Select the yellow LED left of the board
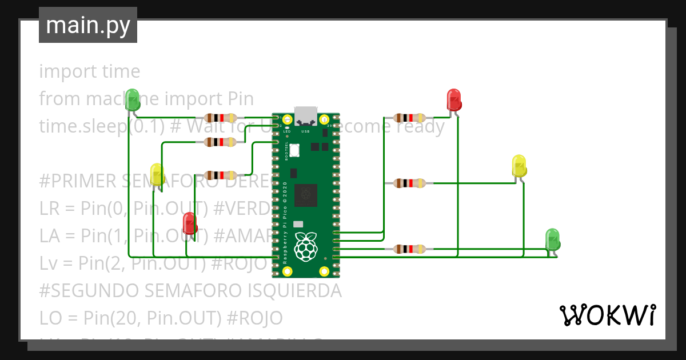coord(156,174)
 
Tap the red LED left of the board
coord(189,223)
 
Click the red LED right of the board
coord(453,99)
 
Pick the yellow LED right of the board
coord(519,165)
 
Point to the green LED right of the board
coord(552,239)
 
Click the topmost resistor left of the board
coord(221,118)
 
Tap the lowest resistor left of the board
coord(221,175)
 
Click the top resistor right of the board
coord(409,118)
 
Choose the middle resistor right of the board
coord(409,183)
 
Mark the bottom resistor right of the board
coord(409,249)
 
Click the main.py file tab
coord(88,25)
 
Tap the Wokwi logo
coord(607,315)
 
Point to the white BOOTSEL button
coord(295,151)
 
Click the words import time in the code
coord(90,71)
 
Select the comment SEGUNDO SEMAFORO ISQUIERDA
coord(190,291)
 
